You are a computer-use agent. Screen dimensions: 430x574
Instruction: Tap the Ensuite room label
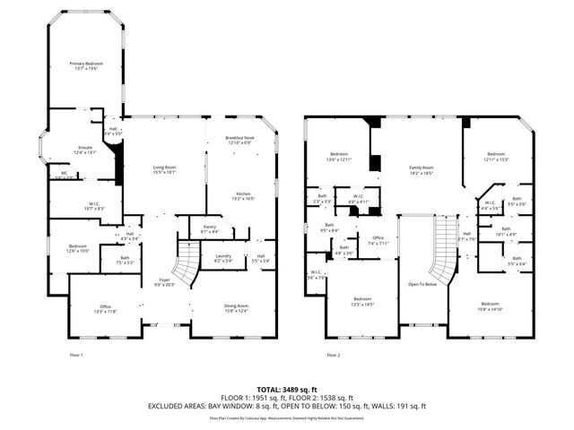(x=85, y=150)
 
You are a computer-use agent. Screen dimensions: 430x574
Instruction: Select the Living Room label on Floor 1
(x=164, y=169)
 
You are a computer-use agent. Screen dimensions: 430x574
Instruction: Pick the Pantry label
(x=211, y=230)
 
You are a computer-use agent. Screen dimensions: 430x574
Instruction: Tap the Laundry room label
(x=224, y=258)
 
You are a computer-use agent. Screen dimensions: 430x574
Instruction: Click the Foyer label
(x=164, y=282)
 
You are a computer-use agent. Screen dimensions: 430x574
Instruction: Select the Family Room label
(x=422, y=169)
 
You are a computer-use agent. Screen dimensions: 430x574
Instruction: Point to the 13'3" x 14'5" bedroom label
(x=362, y=301)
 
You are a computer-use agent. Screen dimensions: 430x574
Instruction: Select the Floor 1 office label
(x=105, y=309)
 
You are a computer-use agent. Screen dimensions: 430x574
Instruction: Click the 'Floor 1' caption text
(x=76, y=356)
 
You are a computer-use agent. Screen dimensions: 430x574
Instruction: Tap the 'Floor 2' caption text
(x=335, y=356)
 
